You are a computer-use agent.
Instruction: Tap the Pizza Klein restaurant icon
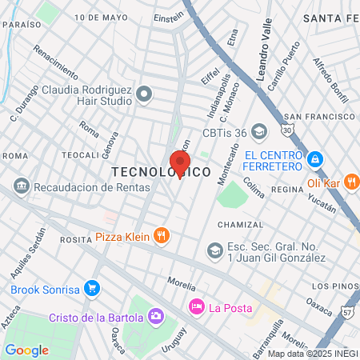(x=162, y=234)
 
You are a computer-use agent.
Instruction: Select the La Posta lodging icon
(x=196, y=307)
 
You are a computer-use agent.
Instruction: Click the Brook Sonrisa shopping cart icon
(x=93, y=287)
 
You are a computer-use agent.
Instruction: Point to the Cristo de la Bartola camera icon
(x=156, y=317)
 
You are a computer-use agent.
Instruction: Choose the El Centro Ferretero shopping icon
(x=316, y=160)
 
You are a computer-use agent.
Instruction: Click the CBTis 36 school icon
(x=258, y=130)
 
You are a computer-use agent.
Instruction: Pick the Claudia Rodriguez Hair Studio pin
(x=144, y=94)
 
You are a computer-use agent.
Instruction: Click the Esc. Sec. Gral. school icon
(x=214, y=251)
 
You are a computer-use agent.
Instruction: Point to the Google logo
(x=26, y=350)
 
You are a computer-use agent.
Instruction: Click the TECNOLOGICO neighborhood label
(x=161, y=172)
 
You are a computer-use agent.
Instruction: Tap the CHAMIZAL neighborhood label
(x=240, y=225)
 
